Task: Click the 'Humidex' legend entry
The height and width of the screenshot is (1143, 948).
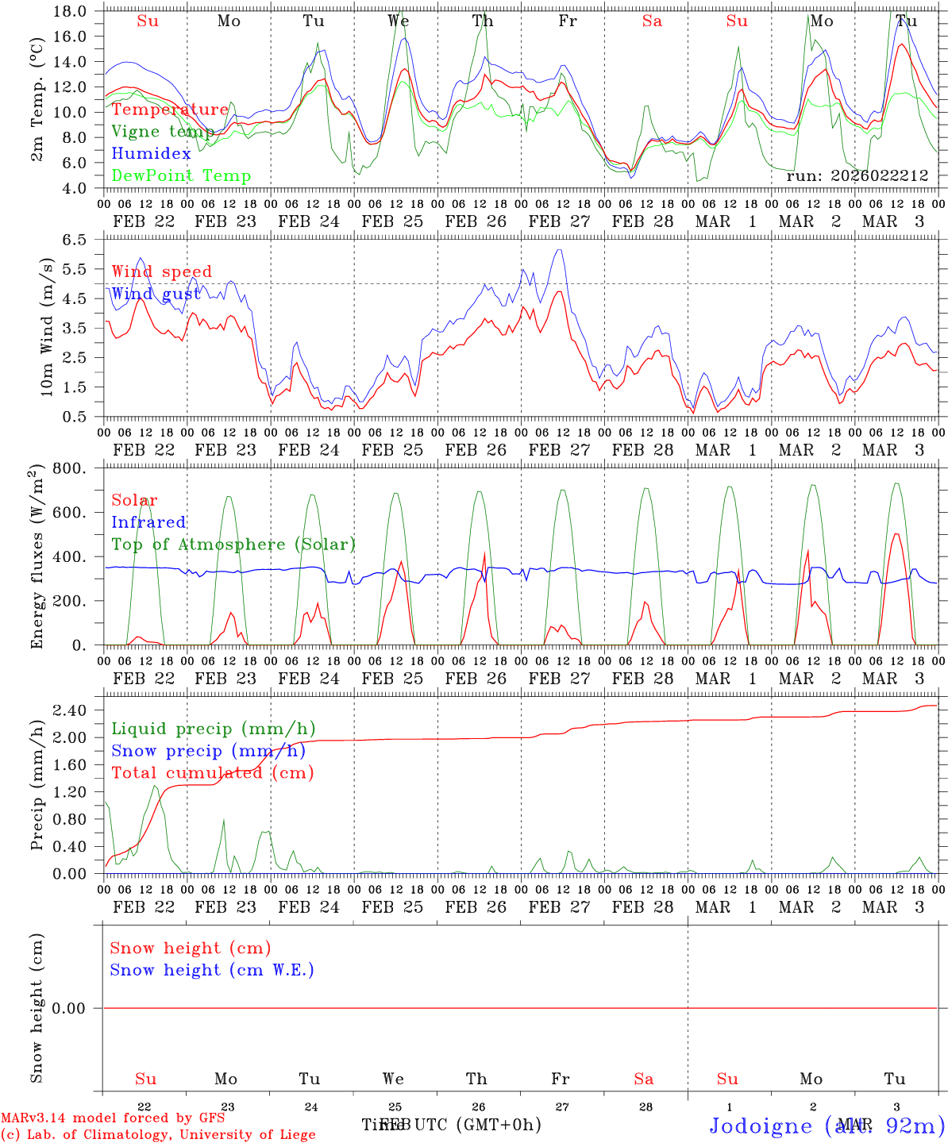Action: point(152,154)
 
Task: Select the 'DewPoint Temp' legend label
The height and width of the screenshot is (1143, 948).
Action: point(181,176)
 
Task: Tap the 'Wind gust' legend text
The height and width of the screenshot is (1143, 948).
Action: point(156,294)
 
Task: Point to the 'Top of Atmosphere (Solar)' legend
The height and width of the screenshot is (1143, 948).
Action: point(233,545)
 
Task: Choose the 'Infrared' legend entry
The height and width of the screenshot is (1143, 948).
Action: point(148,522)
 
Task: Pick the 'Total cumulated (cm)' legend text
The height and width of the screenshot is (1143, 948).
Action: point(212,772)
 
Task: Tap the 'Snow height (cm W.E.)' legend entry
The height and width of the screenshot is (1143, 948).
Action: point(212,970)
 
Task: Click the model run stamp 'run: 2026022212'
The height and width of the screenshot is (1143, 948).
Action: point(857,176)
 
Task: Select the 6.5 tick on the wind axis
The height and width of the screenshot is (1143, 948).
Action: point(74,240)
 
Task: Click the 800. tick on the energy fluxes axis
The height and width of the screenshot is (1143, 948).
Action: point(69,468)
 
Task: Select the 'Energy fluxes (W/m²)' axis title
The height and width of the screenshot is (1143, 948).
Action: point(37,558)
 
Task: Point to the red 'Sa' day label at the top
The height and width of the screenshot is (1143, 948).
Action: point(652,21)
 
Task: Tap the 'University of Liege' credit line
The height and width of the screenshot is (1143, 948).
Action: point(158,1135)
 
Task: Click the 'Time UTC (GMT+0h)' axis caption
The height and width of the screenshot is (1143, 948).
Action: point(452,1125)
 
